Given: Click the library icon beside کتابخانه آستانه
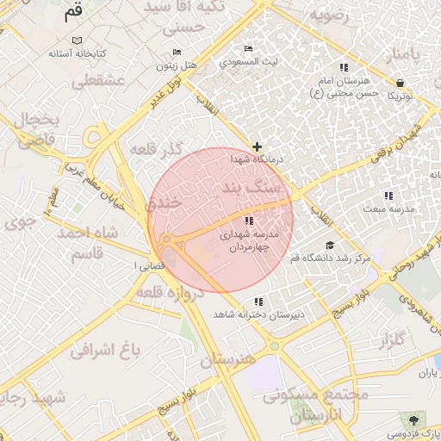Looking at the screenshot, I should [x=78, y=41].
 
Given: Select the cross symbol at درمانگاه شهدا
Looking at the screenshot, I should [x=257, y=147].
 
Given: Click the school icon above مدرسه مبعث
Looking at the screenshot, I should [x=388, y=196].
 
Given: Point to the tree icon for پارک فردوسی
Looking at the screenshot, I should [x=415, y=421].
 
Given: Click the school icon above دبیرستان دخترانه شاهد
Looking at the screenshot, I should [x=259, y=301].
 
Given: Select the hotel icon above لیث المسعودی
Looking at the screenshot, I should [x=249, y=48].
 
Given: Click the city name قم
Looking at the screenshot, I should [x=73, y=13].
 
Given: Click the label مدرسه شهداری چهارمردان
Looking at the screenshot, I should [x=250, y=240].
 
